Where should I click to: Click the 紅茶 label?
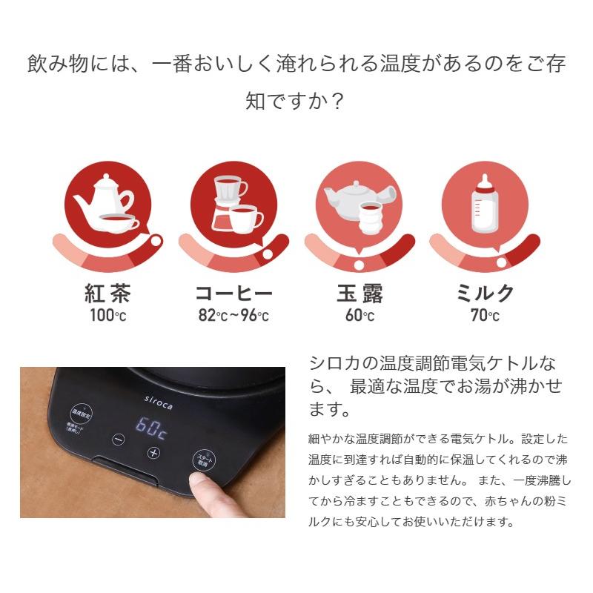107,294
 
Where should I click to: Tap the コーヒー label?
233,294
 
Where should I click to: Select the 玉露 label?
360,294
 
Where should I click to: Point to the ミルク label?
485,294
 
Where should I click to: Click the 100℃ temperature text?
107,316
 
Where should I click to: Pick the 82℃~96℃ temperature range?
233,316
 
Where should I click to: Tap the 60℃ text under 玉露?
360,316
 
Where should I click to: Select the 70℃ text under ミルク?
485,316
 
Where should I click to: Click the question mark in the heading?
337,100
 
